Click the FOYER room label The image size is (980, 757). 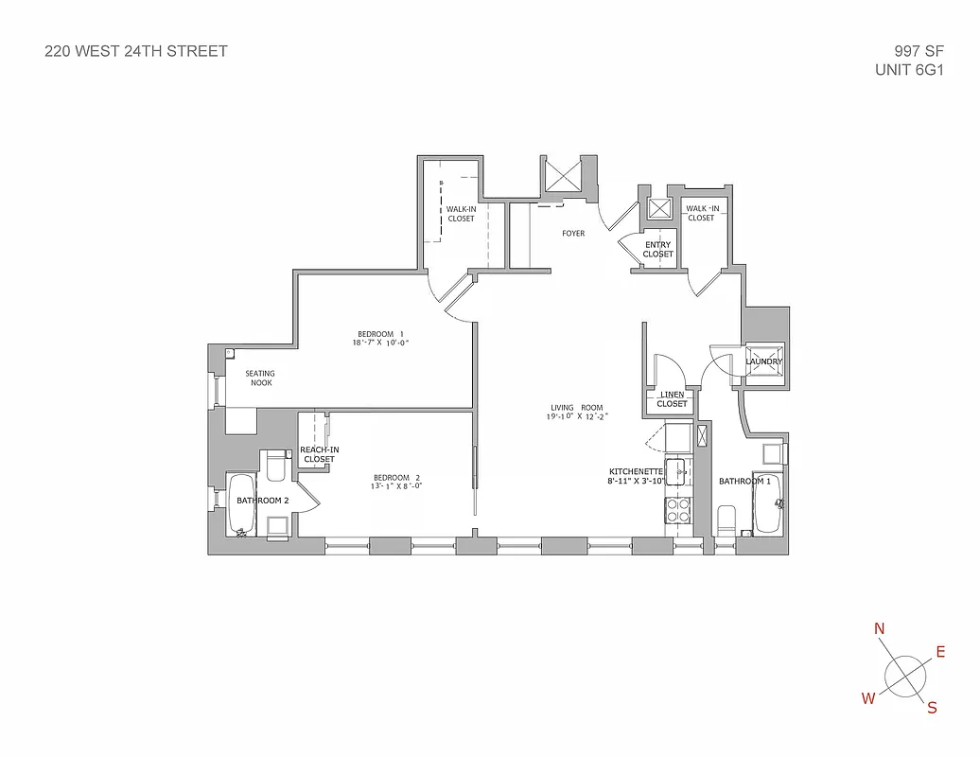(x=572, y=233)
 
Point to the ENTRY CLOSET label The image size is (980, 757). (x=657, y=250)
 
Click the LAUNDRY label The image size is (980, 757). (x=763, y=361)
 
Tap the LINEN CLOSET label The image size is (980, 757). (x=672, y=399)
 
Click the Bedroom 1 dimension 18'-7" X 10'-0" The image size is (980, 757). (x=381, y=343)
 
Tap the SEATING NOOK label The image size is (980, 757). (x=260, y=378)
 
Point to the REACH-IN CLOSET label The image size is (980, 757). (x=319, y=454)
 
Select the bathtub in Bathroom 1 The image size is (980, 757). (x=765, y=502)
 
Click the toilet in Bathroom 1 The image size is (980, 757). (x=726, y=520)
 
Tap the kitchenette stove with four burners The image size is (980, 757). (x=678, y=511)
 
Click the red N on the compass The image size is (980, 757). (x=879, y=629)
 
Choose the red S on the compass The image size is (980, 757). (x=932, y=707)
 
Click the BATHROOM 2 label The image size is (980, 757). (x=262, y=500)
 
